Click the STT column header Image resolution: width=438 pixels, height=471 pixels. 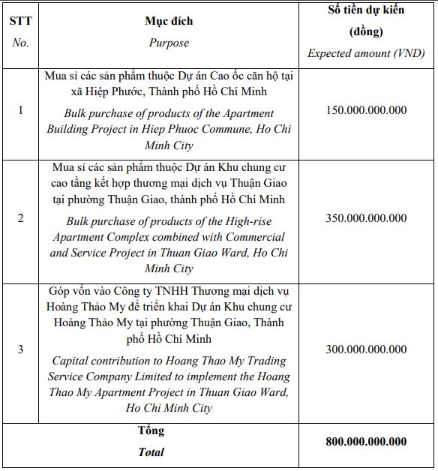[x=20, y=22]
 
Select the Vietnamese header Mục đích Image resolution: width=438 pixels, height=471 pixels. [x=169, y=22]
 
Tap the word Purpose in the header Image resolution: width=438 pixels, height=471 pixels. [x=169, y=43]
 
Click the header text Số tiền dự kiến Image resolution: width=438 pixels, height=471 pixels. [x=367, y=10]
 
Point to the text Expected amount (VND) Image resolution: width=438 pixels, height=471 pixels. [x=367, y=53]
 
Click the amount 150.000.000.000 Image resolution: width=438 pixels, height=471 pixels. [x=367, y=110]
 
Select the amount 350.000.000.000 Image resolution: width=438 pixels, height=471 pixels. [x=367, y=218]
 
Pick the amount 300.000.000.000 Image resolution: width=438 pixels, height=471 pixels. [x=367, y=349]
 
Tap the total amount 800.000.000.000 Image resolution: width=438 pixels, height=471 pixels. [x=367, y=442]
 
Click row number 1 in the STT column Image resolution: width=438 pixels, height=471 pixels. [x=20, y=110]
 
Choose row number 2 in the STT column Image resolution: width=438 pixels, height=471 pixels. [x=20, y=218]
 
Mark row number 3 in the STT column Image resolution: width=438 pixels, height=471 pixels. [x=20, y=349]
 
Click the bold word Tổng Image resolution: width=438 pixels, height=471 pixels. [x=151, y=431]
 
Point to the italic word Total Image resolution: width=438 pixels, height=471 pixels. [x=151, y=451]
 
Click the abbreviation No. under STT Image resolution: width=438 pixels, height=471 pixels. [x=20, y=43]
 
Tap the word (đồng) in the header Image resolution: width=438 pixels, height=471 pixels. [x=367, y=32]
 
